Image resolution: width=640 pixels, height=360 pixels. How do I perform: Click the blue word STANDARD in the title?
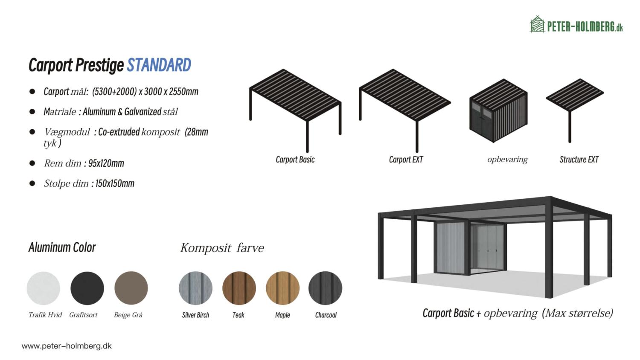(x=159, y=65)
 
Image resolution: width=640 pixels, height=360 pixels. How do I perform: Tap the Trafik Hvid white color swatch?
(x=44, y=288)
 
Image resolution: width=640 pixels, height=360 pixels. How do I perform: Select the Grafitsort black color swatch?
(x=87, y=288)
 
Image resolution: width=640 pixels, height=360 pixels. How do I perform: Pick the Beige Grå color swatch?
(x=131, y=288)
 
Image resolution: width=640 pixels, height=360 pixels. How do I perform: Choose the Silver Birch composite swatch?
(x=196, y=288)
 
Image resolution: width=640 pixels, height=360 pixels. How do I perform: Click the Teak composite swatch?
(x=239, y=288)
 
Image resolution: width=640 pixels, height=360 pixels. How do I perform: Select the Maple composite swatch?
(x=282, y=288)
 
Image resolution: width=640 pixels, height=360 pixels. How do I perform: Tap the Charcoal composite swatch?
(x=326, y=288)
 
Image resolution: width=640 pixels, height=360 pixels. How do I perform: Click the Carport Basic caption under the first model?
(x=295, y=160)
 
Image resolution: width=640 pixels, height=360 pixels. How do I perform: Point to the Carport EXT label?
(x=406, y=160)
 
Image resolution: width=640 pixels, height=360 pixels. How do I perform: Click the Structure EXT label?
(x=579, y=160)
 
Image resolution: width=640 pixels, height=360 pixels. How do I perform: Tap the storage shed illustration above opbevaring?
(x=499, y=110)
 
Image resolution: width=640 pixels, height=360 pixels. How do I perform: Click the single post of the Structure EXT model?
(x=570, y=127)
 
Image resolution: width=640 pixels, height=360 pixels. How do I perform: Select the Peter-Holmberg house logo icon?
(x=538, y=24)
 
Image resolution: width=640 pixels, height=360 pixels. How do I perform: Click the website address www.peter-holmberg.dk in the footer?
(x=67, y=346)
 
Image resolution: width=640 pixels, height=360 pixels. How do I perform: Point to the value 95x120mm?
(x=106, y=163)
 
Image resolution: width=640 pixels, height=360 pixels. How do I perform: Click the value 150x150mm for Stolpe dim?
(x=115, y=183)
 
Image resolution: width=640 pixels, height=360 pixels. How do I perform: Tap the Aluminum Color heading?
(x=62, y=247)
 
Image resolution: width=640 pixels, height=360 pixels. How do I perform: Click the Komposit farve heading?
(x=222, y=248)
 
